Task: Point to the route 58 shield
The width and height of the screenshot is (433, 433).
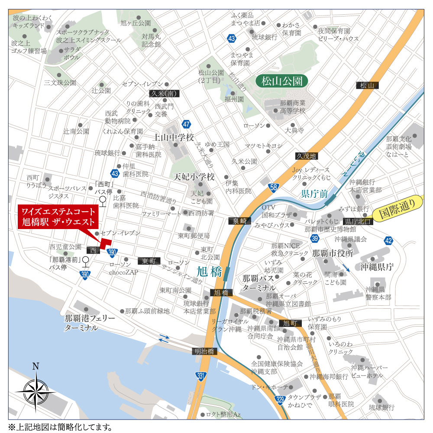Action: (273, 187)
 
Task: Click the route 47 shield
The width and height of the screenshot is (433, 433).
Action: (186, 125)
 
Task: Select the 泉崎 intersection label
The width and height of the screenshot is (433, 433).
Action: (239, 221)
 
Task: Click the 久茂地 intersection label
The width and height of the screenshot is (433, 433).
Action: (306, 156)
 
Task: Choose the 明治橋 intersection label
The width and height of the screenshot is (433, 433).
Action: (204, 352)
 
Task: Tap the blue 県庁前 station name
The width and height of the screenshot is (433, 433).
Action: (315, 193)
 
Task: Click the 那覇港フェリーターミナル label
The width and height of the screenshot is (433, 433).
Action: (90, 323)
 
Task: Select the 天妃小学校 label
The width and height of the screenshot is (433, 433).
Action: (194, 177)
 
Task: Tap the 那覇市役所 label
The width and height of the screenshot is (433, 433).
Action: (333, 253)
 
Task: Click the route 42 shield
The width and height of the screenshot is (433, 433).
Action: (388, 240)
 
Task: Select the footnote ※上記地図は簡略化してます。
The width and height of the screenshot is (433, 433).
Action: (60, 427)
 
